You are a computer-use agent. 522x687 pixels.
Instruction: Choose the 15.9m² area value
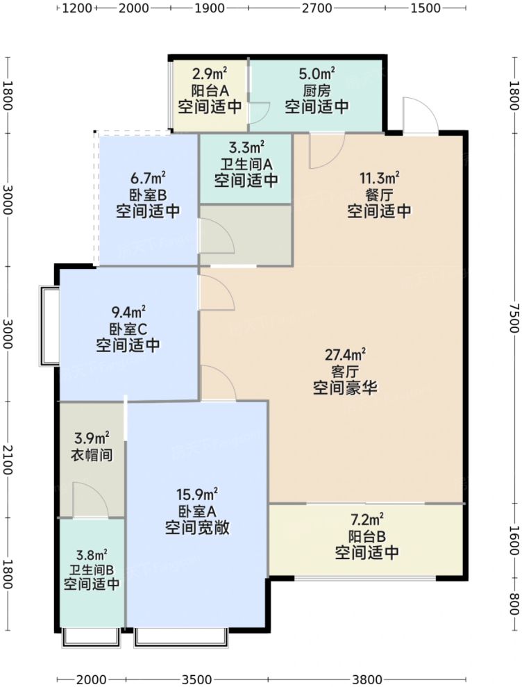tap(198, 495)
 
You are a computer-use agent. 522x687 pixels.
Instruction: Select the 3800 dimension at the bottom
tap(366, 679)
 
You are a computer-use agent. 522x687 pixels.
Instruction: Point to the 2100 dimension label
tap(7, 460)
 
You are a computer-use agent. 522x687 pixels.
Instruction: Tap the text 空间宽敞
tap(198, 528)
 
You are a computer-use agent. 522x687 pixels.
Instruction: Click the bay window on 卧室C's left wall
tap(49, 325)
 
